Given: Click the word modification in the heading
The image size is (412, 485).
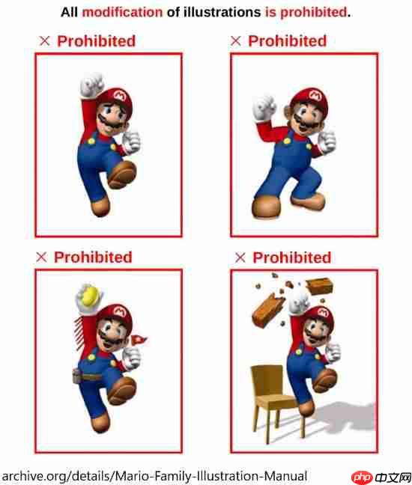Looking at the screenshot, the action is [122, 13].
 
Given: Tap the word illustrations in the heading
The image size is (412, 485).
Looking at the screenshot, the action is [222, 13].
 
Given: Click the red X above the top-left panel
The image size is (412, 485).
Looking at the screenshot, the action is [45, 41].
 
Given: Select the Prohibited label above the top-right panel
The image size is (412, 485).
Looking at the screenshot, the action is [287, 41].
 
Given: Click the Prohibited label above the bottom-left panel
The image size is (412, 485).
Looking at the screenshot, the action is [93, 257].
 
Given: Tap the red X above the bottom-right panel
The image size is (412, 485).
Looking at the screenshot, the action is [240, 257].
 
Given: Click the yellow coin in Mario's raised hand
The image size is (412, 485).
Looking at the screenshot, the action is [89, 296].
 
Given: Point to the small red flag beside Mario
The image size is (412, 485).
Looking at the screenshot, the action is [139, 340].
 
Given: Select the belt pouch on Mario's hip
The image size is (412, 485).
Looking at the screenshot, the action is [76, 376].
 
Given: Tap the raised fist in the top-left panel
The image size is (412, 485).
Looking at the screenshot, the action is [91, 85].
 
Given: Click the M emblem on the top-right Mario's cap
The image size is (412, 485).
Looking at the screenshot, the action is [315, 95].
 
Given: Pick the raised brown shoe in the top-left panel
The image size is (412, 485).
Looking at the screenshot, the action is [122, 174].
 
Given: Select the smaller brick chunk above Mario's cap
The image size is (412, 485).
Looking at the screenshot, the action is [319, 286].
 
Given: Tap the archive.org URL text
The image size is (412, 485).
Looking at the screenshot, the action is [154, 476].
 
